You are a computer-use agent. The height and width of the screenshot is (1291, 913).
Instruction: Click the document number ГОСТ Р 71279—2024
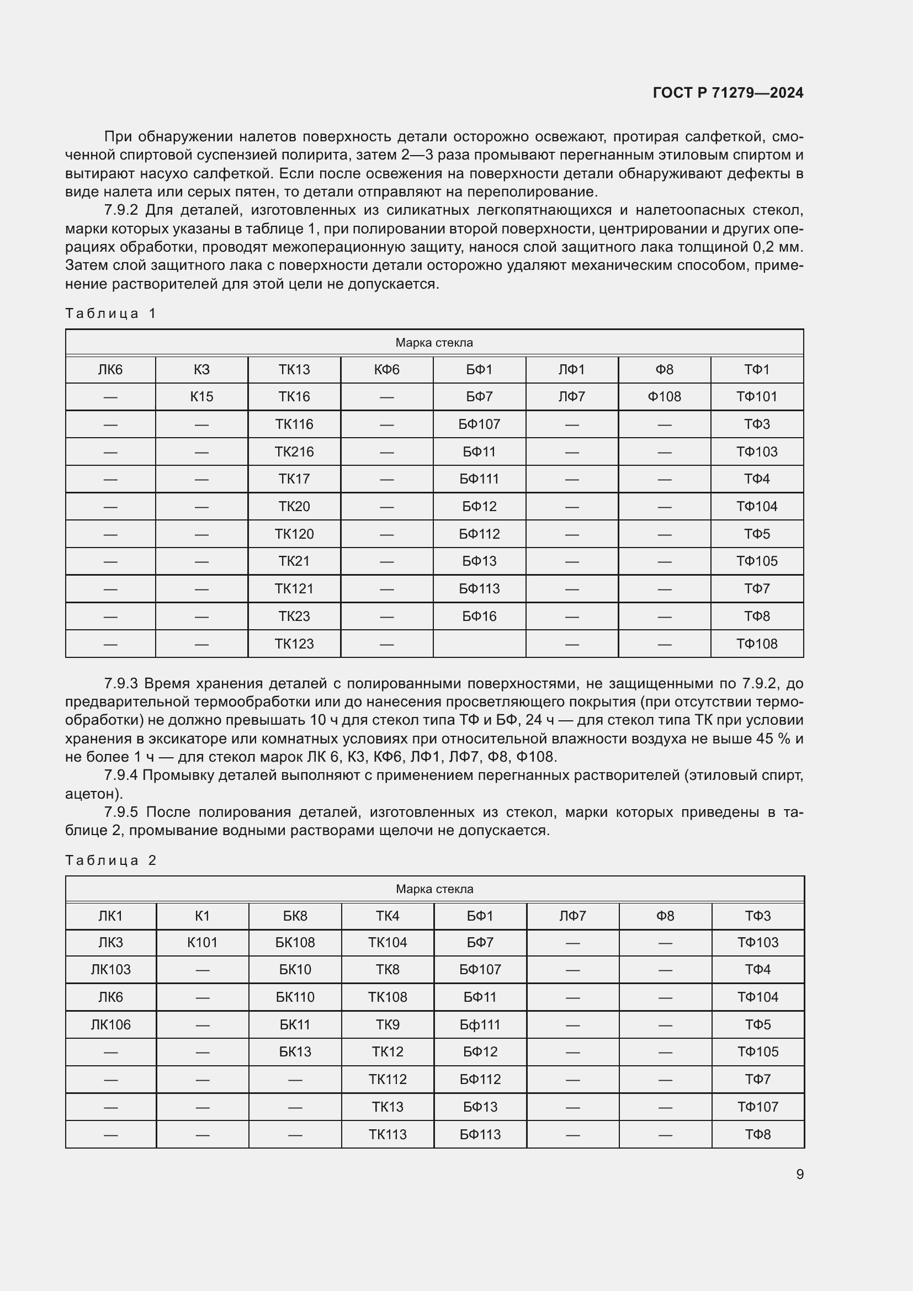tap(728, 93)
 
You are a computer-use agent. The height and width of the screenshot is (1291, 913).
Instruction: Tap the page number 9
tap(799, 1174)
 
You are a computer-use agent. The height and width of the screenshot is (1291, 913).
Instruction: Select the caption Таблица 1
tap(111, 313)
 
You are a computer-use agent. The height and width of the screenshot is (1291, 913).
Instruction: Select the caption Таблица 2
tap(111, 860)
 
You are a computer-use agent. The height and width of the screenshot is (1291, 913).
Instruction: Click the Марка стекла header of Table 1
tap(434, 342)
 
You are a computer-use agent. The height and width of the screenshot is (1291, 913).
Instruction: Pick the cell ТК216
tap(294, 451)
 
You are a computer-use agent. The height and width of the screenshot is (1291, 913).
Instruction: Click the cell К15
tap(201, 397)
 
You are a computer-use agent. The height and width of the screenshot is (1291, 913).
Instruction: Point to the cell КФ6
tap(386, 369)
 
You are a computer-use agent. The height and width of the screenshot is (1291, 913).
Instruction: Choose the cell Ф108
tap(664, 397)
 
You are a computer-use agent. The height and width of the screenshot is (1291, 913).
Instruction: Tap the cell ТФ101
tap(757, 397)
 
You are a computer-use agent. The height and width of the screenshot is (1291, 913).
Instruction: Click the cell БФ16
tap(479, 617)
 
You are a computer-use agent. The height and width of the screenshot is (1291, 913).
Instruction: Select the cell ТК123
tap(294, 644)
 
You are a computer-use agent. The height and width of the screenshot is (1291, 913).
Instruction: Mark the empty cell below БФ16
tap(479, 644)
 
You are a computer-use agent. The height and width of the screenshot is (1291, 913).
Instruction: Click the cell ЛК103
tap(111, 969)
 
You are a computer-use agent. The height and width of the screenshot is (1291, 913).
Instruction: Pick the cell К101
tap(202, 942)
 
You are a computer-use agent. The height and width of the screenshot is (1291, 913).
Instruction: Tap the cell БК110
tap(295, 997)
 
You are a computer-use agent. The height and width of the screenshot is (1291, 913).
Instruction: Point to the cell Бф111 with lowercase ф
tap(480, 1024)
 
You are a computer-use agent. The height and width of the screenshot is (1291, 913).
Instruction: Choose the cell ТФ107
tap(757, 1107)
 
